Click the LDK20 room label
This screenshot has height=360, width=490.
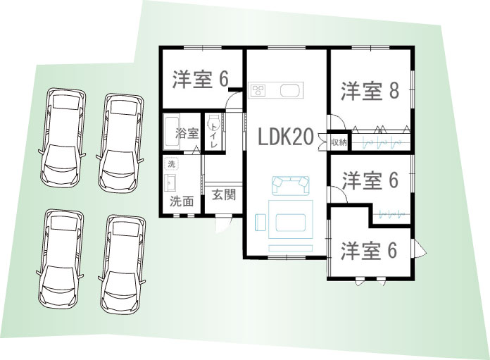pos(286,137)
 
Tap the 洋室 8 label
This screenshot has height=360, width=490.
pos(370,91)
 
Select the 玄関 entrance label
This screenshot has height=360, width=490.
pos(224,194)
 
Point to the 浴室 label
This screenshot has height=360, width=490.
pos(187,134)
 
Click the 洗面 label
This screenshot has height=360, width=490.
pos(182,201)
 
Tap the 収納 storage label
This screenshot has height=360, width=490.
pos(339,142)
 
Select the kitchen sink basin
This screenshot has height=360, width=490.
pos(290,91)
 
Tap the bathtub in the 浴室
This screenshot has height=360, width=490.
pos(172,131)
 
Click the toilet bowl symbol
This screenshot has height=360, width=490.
pos(214,120)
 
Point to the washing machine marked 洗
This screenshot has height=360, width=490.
pos(171,163)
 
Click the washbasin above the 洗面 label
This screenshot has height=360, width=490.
pos(170,183)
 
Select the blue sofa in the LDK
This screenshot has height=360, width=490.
pos(291,185)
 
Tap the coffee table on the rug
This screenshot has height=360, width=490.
pos(291,223)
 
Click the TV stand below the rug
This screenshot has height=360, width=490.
pos(291,248)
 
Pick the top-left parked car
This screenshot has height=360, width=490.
pos(63,137)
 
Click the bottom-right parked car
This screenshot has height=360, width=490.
pos(123,264)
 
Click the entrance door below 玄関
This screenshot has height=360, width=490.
pos(224,223)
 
